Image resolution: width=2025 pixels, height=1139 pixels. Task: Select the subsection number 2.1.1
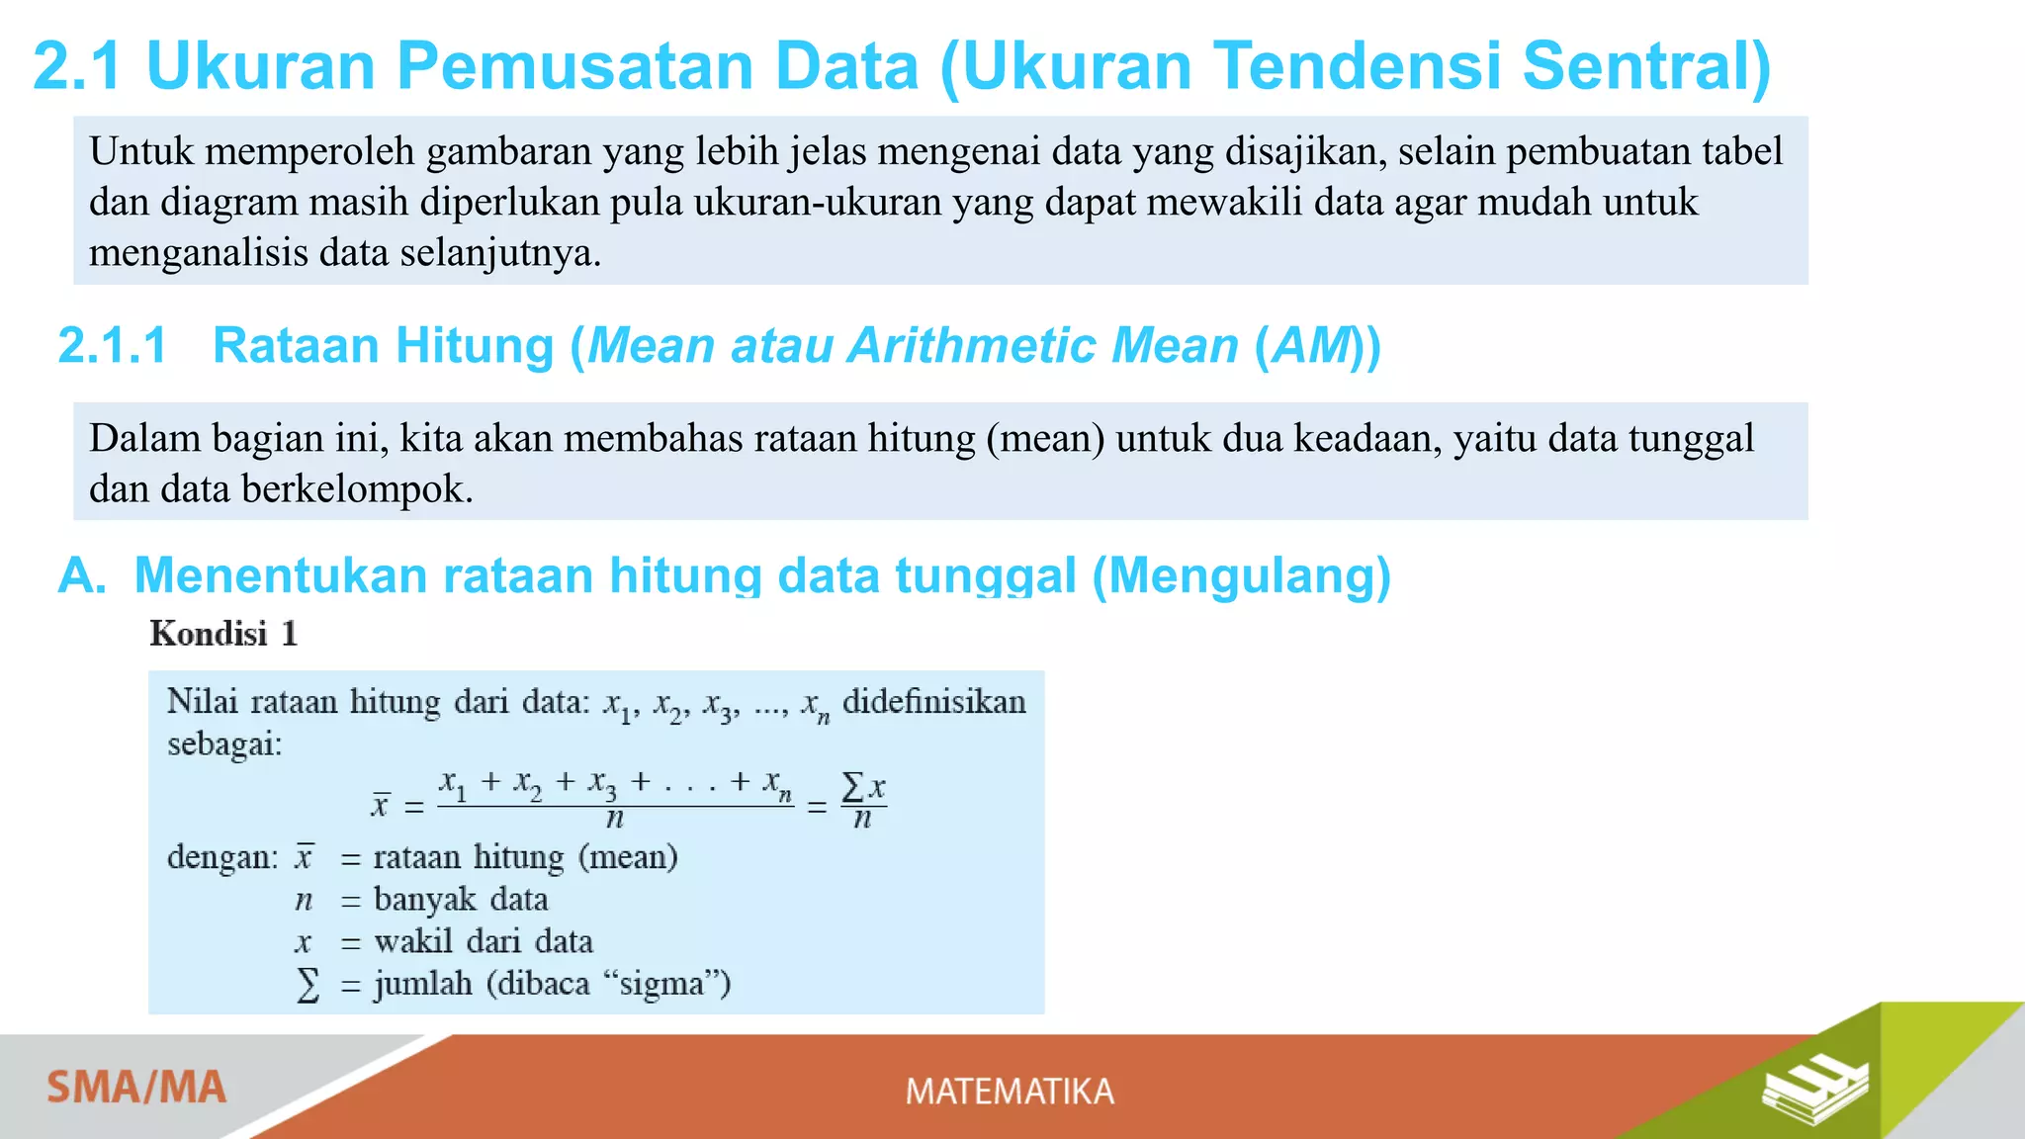point(112,346)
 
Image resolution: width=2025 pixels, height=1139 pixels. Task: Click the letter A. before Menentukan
point(81,575)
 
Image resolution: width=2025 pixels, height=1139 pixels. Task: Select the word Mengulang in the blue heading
point(1241,575)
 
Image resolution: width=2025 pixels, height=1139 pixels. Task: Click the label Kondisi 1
point(223,634)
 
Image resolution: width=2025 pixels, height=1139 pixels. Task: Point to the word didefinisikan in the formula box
point(933,702)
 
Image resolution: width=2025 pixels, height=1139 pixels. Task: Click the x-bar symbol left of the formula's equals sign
point(381,805)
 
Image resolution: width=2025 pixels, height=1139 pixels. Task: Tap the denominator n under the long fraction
point(614,820)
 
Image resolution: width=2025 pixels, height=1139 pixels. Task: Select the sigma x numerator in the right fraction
point(862,788)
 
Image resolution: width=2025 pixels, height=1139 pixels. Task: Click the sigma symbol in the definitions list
point(308,985)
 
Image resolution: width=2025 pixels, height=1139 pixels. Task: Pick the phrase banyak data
point(461,900)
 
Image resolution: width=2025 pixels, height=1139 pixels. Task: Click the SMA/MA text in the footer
point(136,1088)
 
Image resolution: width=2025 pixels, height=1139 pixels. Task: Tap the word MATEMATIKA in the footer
point(1010,1092)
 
